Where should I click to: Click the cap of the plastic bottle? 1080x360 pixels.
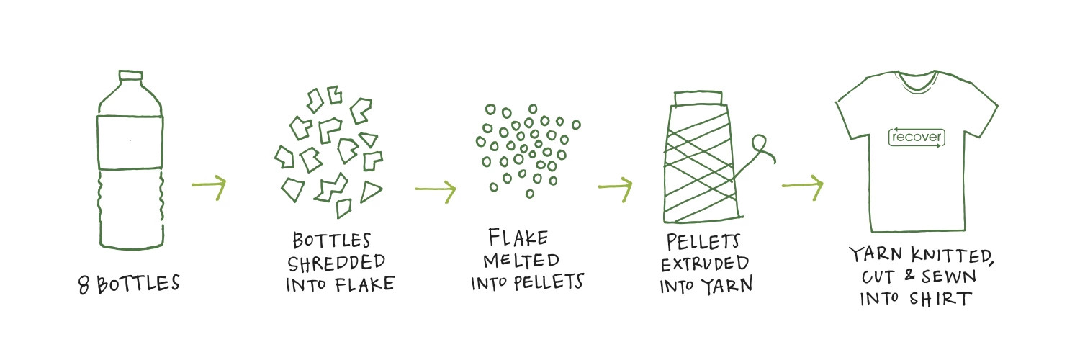pos(130,76)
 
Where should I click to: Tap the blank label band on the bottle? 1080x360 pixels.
pos(130,141)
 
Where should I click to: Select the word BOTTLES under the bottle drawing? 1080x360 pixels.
pos(138,284)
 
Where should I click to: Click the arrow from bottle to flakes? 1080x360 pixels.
pos(209,188)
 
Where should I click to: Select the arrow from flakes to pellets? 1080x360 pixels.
pos(435,191)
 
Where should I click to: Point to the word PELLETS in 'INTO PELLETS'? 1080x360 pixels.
pos(546,282)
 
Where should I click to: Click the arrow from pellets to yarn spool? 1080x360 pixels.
pos(615,189)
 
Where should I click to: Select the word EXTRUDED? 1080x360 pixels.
pos(706,263)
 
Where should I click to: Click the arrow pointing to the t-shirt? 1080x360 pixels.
pos(801,188)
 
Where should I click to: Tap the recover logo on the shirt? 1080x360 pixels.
pos(916,137)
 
